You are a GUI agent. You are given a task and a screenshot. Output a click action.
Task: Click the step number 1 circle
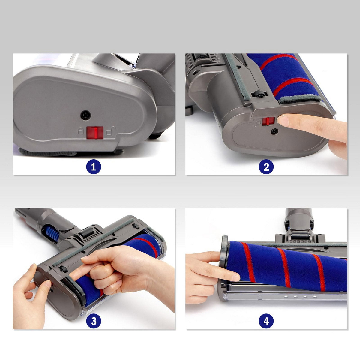tap(94, 167)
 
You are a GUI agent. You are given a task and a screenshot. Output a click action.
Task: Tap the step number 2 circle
tap(266, 167)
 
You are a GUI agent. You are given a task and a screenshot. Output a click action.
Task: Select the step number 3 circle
tap(94, 321)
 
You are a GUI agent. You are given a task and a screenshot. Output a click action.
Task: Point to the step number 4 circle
tap(266, 321)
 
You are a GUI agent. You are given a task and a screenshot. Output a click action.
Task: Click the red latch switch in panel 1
tap(95, 133)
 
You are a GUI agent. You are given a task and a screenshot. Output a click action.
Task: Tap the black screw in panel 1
tap(86, 115)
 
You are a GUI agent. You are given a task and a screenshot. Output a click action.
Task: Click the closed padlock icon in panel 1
tap(80, 131)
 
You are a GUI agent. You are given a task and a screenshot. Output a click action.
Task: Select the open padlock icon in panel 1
tap(111, 131)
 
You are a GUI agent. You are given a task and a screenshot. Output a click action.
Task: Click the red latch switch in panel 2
tap(268, 121)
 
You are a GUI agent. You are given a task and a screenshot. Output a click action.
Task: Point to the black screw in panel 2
tap(274, 131)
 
